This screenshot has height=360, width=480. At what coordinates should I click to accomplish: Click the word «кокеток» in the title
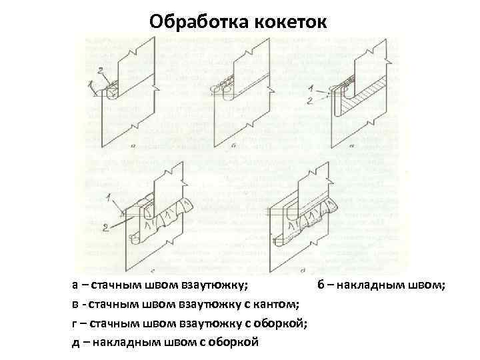coord(291,21)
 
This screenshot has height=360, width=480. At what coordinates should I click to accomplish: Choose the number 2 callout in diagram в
coord(311,101)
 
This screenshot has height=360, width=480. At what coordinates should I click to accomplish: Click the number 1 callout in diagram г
coord(108,197)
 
